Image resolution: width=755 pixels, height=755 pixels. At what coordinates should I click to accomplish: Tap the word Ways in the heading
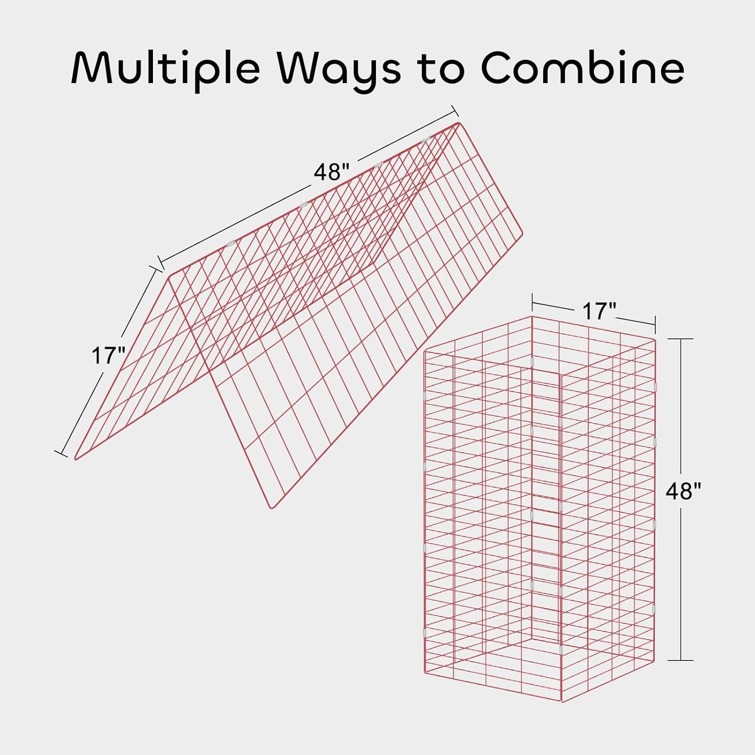coord(345,67)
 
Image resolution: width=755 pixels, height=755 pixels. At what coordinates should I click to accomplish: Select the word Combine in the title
coord(582,67)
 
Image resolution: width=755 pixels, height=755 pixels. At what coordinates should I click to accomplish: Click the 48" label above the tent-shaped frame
coord(331,172)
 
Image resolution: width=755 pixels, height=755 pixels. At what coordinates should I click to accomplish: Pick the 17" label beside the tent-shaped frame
coord(108,356)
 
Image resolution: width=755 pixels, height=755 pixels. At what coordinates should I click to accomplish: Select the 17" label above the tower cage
coord(599,311)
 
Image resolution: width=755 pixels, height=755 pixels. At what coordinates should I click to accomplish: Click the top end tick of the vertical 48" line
coord(681,339)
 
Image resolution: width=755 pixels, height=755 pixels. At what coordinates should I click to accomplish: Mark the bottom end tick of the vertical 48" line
coord(681,660)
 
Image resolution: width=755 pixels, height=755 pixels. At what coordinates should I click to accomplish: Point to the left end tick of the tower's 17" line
coord(532,304)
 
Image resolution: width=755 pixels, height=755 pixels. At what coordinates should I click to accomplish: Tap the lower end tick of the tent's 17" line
coord(61,453)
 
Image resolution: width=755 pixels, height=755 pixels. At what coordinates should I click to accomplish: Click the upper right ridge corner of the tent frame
coord(458,123)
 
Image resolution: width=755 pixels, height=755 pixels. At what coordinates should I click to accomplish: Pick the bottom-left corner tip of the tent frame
coord(75,459)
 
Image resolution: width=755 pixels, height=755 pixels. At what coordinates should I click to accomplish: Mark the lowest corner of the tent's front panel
coord(272,507)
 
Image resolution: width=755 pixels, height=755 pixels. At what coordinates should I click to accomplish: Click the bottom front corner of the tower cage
coord(561,701)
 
